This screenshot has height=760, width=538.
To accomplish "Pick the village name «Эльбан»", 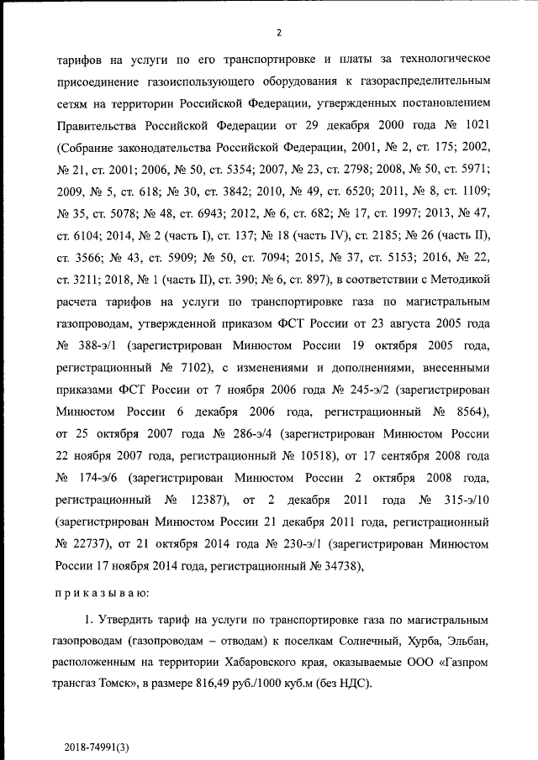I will coord(464,640).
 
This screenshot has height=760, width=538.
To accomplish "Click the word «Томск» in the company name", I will coord(121,684).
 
